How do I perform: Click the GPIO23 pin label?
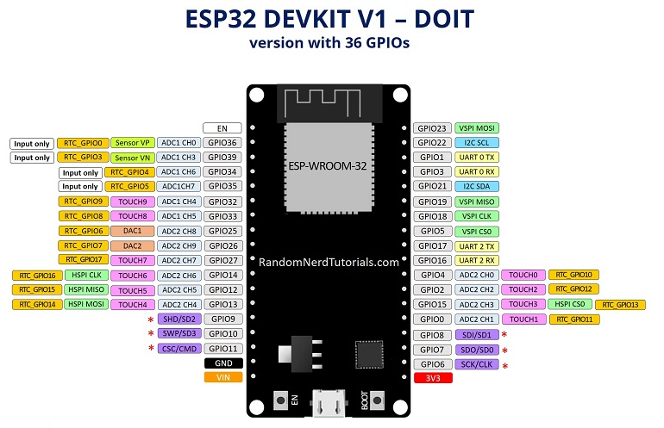coord(432,128)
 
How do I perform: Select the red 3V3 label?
coord(433,378)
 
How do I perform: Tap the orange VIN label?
coord(223,377)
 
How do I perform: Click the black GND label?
coord(223,363)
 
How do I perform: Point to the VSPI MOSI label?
coord(477,128)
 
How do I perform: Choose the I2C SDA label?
coord(477,186)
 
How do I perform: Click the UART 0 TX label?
coord(477,158)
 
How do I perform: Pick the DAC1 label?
coord(133,231)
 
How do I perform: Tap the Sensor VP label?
coord(133,143)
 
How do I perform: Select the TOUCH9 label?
coord(133,202)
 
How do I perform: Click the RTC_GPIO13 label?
coord(620,305)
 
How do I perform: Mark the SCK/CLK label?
coord(477,364)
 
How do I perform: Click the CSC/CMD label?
coord(179,349)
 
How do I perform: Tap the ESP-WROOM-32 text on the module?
coord(328,166)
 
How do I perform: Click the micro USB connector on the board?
coord(329,404)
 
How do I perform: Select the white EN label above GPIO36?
coord(222,128)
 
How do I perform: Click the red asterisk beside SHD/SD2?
coord(151,319)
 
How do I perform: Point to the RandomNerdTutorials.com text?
coord(329,262)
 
